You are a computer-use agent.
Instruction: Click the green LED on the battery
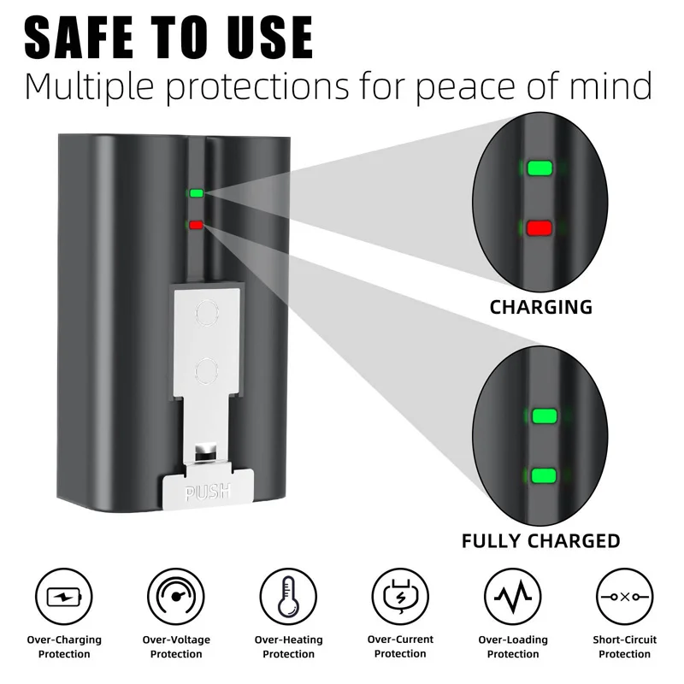197,193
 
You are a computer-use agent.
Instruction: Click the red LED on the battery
197,226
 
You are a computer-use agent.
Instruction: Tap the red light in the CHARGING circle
540,228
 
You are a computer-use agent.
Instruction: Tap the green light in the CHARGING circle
540,167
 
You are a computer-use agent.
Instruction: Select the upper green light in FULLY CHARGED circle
545,416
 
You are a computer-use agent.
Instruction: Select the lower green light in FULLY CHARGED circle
545,475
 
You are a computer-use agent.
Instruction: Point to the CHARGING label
540,307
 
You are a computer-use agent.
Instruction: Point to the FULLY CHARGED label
540,541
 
